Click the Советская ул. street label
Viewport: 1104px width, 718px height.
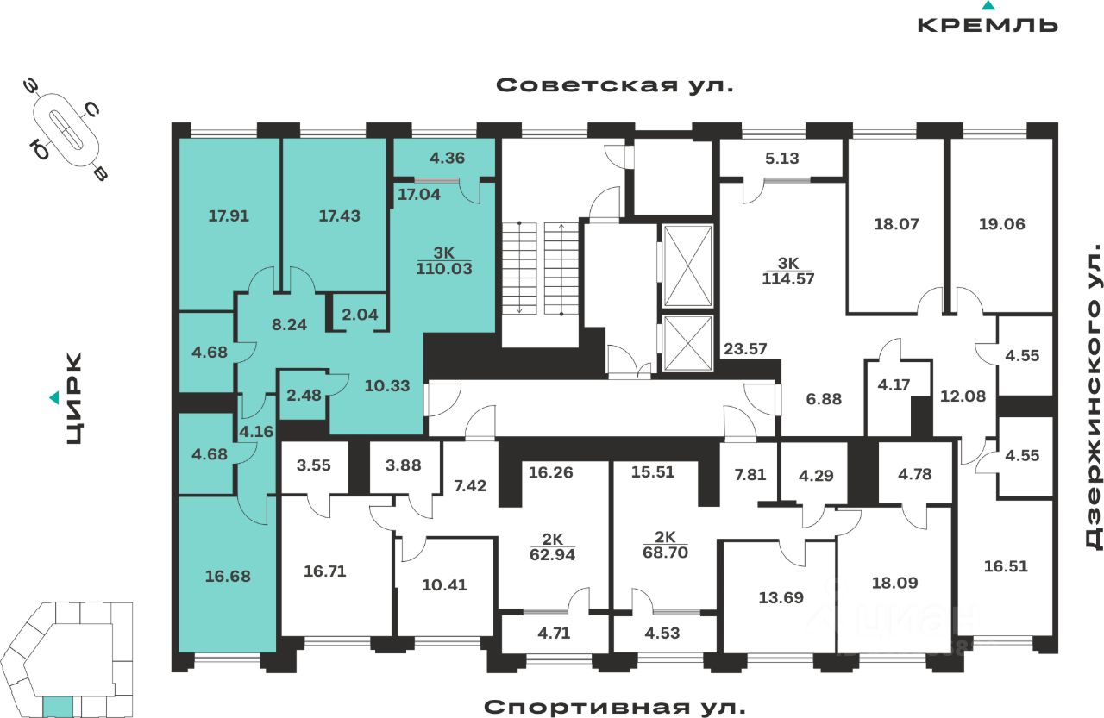click(614, 85)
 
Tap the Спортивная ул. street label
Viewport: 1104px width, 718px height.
click(614, 707)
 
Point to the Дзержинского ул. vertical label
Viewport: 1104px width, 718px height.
click(1094, 400)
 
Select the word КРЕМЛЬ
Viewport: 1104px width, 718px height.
click(988, 24)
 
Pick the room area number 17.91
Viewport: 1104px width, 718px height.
click(229, 215)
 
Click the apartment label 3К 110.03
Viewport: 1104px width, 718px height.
click(443, 261)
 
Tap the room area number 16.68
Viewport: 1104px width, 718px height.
click(229, 575)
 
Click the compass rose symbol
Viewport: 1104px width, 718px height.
click(66, 128)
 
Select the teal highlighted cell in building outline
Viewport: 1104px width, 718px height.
click(58, 707)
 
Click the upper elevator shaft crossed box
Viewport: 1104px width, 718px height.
click(687, 265)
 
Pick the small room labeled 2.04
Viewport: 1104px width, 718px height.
click(361, 314)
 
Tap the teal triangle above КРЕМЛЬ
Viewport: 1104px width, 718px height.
click(988, 5)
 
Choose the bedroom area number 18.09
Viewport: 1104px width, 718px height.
click(894, 582)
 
